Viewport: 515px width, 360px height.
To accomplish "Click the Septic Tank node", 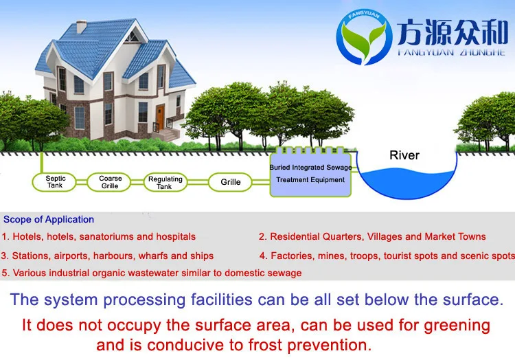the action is (x=54, y=181).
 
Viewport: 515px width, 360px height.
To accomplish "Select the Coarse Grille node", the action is (x=109, y=181).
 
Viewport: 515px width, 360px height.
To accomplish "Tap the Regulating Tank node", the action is (x=165, y=182).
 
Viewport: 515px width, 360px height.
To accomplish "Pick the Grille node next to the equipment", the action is (x=230, y=182).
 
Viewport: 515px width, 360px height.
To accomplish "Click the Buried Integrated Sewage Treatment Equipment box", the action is (x=310, y=173).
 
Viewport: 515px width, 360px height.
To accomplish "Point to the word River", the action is (x=404, y=155).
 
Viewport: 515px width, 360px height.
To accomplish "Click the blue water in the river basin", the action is (x=407, y=183).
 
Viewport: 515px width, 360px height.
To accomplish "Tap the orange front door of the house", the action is (x=160, y=117).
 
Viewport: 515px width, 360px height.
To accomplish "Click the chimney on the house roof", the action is (x=81, y=27).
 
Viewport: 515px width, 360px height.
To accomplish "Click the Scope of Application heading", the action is (x=49, y=219).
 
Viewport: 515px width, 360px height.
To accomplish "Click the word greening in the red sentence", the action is (x=457, y=326).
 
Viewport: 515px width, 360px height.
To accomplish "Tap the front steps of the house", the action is (x=167, y=135).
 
